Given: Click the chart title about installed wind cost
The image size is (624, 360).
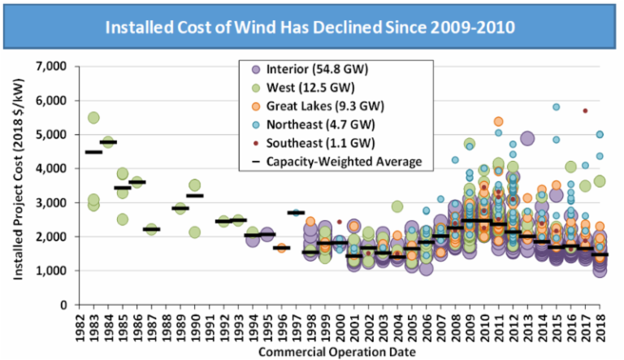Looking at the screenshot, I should (312, 27).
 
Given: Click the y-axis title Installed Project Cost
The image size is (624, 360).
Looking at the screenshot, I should (18, 185).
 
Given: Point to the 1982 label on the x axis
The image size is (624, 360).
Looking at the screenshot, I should (80, 324).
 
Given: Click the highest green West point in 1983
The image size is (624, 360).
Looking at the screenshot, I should (93, 118).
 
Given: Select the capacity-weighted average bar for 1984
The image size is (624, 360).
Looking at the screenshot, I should (108, 142).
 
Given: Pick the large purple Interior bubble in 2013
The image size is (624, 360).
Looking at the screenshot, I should (527, 138).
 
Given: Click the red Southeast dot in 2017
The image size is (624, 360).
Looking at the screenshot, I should (584, 111).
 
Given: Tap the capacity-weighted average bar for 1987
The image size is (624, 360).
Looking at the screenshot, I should (151, 229).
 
